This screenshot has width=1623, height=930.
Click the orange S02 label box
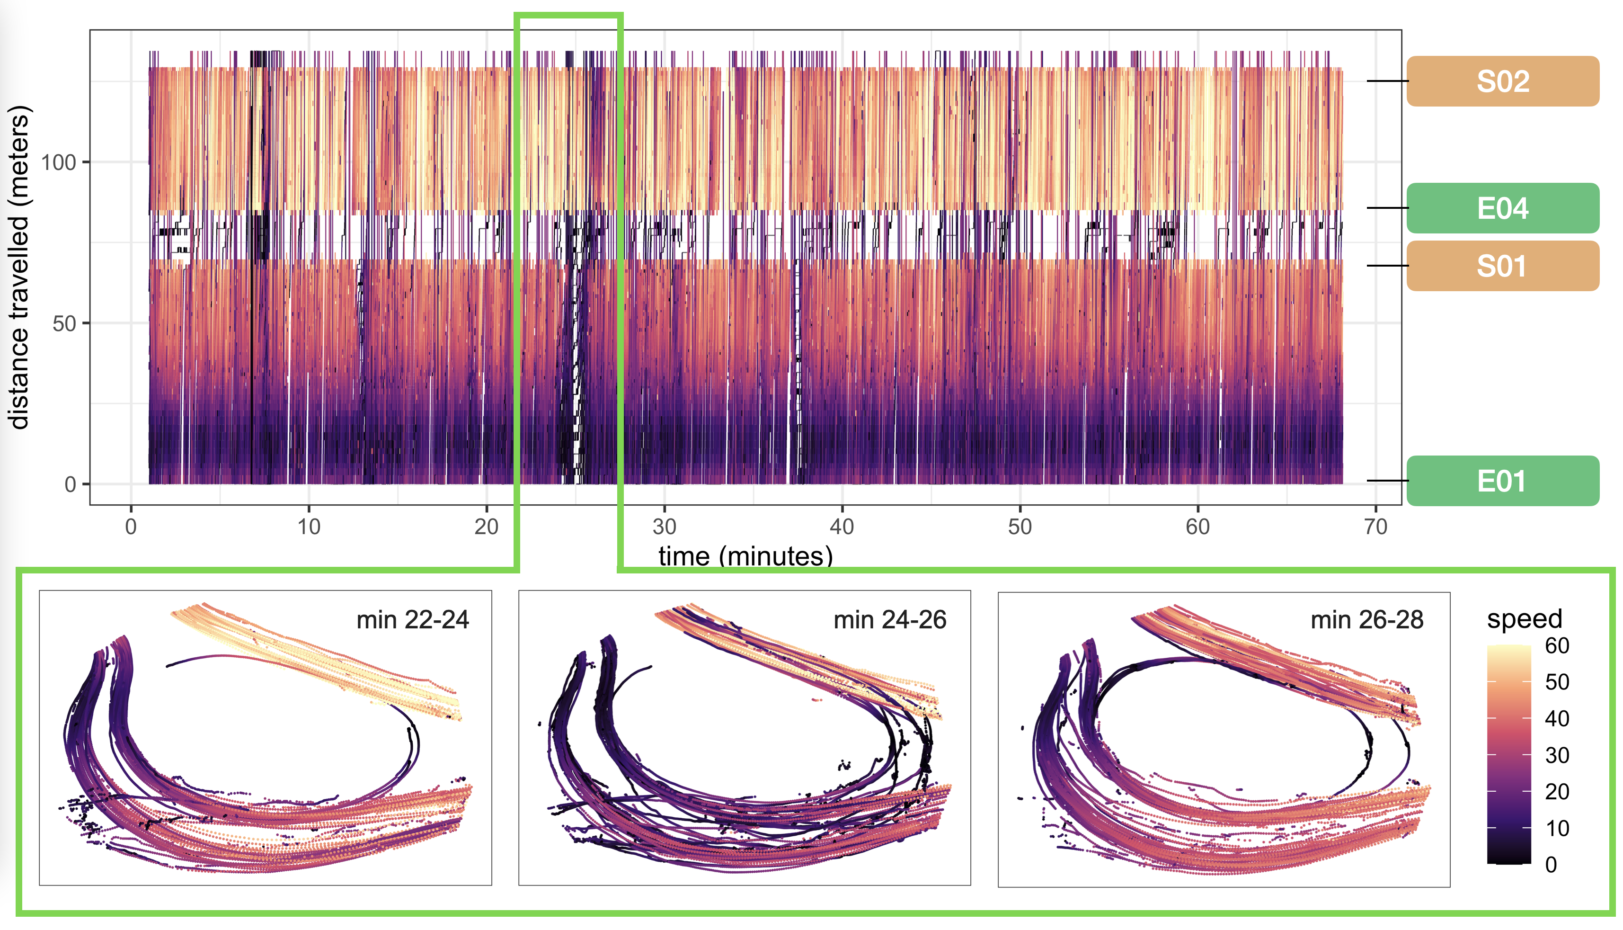tap(1502, 81)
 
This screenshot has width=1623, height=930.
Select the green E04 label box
tap(1502, 208)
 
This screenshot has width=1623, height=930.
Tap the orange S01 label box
tap(1502, 266)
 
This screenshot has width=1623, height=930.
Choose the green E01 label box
tap(1502, 481)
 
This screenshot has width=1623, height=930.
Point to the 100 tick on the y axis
tap(59, 162)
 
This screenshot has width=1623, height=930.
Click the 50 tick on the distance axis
tap(64, 323)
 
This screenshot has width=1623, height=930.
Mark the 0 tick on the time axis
tap(131, 527)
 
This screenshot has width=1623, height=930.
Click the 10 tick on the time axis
tap(309, 527)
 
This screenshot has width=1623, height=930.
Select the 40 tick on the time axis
tap(842, 527)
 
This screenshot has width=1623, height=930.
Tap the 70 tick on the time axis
tap(1375, 527)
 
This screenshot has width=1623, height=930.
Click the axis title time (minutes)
tap(745, 556)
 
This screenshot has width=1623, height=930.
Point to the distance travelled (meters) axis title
tap(19, 267)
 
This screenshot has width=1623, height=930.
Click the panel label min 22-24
tap(412, 619)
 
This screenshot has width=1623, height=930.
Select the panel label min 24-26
tap(889, 619)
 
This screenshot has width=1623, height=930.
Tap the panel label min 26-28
tap(1366, 619)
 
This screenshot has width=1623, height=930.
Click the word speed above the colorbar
tap(1524, 618)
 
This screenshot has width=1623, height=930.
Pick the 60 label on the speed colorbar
tap(1557, 646)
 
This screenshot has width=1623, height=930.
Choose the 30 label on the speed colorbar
tap(1557, 756)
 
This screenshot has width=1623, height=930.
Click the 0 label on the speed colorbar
tap(1552, 865)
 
